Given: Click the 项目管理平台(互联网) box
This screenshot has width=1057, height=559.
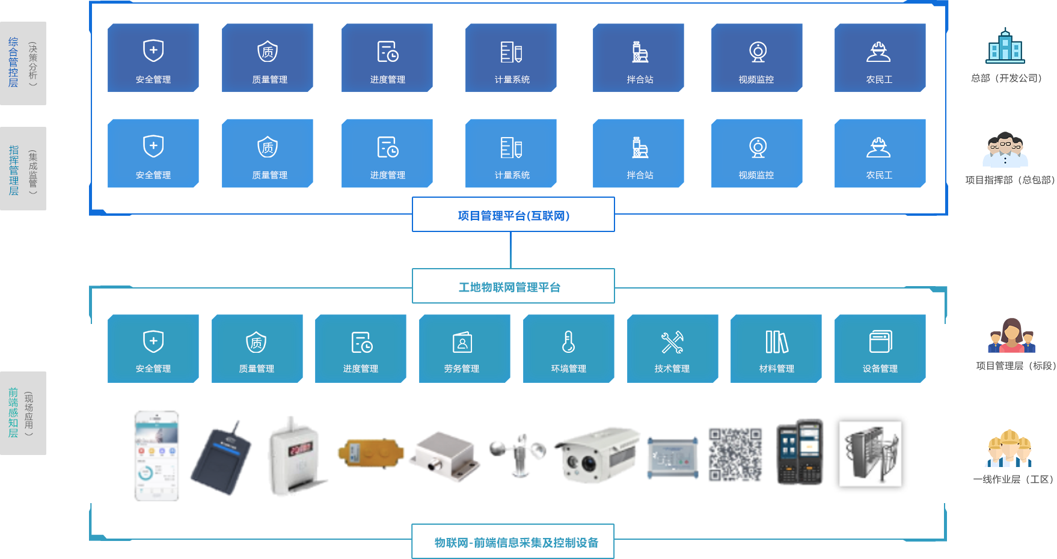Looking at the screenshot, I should tap(513, 215).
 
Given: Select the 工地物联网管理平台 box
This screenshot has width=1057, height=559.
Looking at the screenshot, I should tap(513, 286).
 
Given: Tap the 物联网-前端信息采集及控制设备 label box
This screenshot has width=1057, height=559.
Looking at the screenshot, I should tap(513, 542).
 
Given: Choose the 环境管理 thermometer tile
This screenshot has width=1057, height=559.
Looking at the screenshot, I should tap(568, 349).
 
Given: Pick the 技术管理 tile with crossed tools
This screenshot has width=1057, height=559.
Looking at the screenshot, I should tap(672, 349).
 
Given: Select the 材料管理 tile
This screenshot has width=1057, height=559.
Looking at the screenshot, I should tap(776, 349).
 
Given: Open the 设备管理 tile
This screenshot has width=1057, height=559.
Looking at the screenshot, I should tap(880, 349).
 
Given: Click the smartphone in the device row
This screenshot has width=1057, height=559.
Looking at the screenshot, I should tap(156, 455).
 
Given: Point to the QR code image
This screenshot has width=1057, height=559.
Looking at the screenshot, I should tap(735, 454).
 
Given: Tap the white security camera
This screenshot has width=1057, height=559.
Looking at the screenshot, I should tap(598, 454).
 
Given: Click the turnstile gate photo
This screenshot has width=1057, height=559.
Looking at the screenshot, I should tap(870, 454).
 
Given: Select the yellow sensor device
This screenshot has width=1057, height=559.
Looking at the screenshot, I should tap(370, 453).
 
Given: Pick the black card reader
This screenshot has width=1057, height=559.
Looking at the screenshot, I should tap(221, 459).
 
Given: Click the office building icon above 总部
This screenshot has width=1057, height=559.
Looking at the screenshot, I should tap(1005, 46).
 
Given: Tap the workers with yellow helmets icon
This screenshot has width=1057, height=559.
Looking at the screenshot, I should tap(1010, 448).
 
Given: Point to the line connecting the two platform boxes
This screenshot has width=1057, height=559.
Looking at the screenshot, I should tap(510, 249).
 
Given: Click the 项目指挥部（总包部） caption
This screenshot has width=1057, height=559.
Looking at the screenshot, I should tap(1010, 180).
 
